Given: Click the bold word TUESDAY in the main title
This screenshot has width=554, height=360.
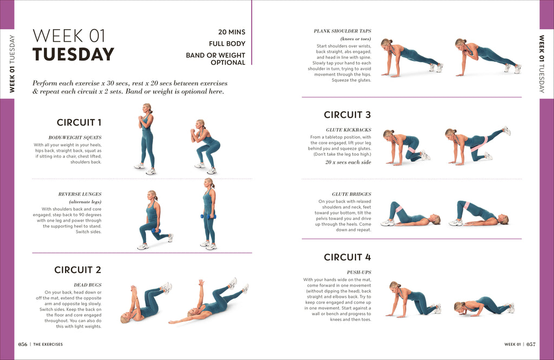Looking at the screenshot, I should pyautogui.click(x=73, y=55).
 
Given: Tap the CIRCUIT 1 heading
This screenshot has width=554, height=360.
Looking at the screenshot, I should pyautogui.click(x=79, y=122).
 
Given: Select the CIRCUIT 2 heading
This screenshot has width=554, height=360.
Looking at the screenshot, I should pyautogui.click(x=78, y=270).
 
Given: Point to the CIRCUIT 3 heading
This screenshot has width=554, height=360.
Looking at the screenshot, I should pyautogui.click(x=347, y=115).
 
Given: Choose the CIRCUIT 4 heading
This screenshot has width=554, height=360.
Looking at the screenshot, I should pyautogui.click(x=347, y=257).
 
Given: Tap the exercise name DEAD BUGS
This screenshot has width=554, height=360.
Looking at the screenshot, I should pyautogui.click(x=87, y=285).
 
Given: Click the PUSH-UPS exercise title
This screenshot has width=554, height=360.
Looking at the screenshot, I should pyautogui.click(x=359, y=272).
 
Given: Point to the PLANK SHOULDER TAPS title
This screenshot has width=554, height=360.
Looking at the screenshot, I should pyautogui.click(x=342, y=31).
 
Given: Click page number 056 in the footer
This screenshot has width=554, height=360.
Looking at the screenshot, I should pyautogui.click(x=23, y=344).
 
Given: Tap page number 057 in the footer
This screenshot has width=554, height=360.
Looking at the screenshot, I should pyautogui.click(x=531, y=344).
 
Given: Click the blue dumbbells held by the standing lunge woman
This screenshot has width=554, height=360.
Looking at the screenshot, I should pyautogui.click(x=208, y=216).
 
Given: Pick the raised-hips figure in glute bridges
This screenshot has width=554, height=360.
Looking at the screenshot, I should pyautogui.click(x=478, y=214).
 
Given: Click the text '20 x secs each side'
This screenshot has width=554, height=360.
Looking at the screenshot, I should pyautogui.click(x=348, y=162).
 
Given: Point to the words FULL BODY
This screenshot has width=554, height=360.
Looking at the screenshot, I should pyautogui.click(x=227, y=44).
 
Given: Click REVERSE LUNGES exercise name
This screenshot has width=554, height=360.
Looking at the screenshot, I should pyautogui.click(x=80, y=194).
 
